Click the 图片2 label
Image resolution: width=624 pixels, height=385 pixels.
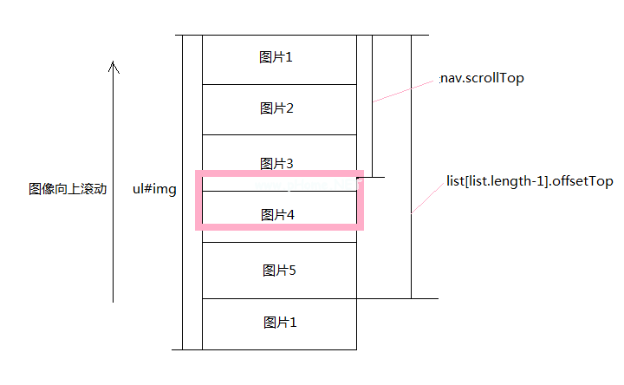click(x=276, y=108)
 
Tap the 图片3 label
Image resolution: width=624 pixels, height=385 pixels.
click(x=276, y=164)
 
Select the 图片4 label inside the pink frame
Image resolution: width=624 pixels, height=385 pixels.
click(x=277, y=215)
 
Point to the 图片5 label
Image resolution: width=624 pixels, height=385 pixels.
click(x=279, y=271)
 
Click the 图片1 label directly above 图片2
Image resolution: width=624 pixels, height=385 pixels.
click(x=276, y=57)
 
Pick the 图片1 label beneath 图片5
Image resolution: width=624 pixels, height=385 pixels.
click(x=280, y=323)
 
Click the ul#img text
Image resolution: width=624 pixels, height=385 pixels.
click(x=154, y=189)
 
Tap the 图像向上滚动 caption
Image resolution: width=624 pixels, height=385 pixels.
click(x=68, y=189)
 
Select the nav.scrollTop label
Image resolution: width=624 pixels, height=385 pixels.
click(x=483, y=78)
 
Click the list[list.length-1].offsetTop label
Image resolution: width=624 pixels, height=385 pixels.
click(x=530, y=181)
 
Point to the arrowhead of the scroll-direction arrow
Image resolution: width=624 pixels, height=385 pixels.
click(x=114, y=62)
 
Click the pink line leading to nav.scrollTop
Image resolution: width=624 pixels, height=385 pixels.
click(x=403, y=92)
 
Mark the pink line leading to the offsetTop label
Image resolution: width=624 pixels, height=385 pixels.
click(x=427, y=198)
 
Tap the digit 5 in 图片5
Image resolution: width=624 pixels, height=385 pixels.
click(x=293, y=271)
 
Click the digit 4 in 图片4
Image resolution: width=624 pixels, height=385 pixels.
click(x=291, y=215)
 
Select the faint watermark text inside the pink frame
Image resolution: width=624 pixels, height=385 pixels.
click(x=307, y=185)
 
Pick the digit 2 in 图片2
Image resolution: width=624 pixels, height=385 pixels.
click(x=289, y=108)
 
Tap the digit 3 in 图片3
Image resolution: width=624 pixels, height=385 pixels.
click(x=289, y=164)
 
